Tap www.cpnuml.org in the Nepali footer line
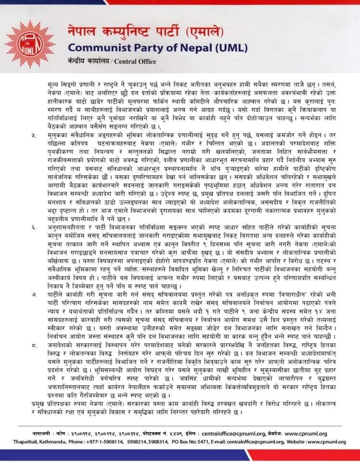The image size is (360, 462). pyautogui.click(x=305, y=434)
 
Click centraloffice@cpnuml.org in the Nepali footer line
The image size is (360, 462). pyautogui.click(x=227, y=434)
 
